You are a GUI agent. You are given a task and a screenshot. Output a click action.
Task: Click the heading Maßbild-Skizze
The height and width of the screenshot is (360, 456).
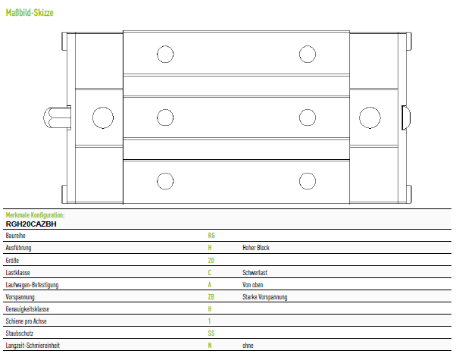click(30, 13)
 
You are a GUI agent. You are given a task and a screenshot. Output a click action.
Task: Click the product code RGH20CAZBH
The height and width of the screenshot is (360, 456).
click(31, 224)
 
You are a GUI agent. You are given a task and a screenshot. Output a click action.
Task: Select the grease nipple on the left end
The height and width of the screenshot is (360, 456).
click(57, 118)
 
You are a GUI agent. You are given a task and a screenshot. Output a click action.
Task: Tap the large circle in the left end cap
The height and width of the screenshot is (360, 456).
click(103, 117)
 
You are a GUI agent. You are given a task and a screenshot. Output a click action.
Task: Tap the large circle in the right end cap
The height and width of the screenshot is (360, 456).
click(370, 117)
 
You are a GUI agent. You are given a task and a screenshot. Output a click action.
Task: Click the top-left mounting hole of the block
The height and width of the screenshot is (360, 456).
click(165, 54)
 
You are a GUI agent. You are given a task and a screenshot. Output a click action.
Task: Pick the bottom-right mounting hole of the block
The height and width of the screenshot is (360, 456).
click(308, 181)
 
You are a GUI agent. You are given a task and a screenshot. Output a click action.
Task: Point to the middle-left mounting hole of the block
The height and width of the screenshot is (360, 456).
click(165, 117)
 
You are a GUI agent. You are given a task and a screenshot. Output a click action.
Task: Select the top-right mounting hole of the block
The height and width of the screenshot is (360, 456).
click(308, 54)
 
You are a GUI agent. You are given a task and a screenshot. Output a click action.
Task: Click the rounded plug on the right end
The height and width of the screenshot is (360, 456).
click(406, 118)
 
